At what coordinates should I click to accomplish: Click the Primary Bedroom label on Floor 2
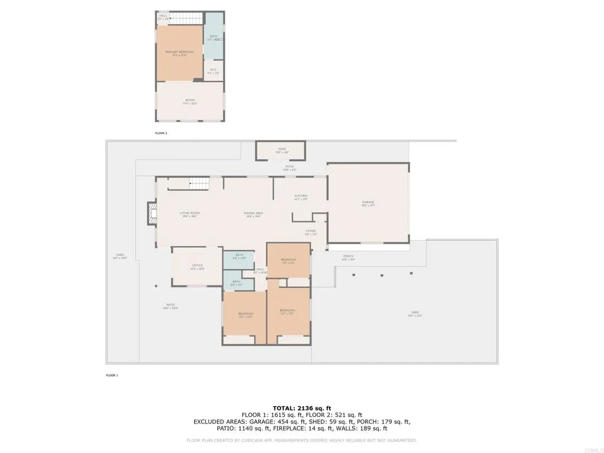(179, 53)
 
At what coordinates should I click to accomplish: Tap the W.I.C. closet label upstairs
(214, 71)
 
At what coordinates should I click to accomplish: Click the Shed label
(282, 150)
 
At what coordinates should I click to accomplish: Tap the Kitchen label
(301, 197)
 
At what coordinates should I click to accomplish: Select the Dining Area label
(254, 214)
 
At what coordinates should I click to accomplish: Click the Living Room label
(190, 214)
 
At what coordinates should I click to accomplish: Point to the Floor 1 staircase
(199, 184)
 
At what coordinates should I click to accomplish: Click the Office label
(197, 267)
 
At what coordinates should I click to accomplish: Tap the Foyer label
(311, 232)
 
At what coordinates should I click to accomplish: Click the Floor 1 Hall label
(260, 271)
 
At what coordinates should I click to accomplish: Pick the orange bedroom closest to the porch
(288, 260)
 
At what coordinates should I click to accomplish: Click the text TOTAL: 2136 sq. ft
(302, 408)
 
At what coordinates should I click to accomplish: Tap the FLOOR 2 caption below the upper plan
(161, 133)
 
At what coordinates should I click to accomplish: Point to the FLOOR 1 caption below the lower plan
(112, 375)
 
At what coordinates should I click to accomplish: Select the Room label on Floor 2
(190, 101)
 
